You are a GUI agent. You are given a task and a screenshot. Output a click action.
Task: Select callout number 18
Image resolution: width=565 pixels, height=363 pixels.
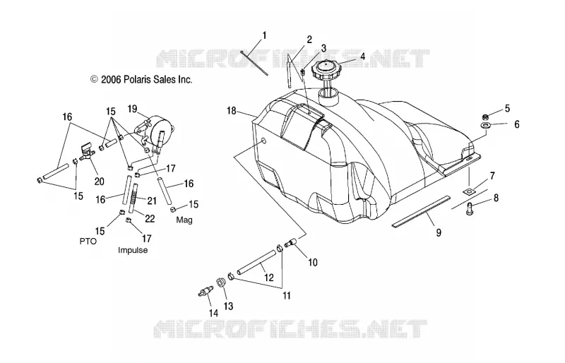pyautogui.click(x=232, y=111)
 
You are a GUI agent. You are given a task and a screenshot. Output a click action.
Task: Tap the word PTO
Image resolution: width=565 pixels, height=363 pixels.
pyautogui.click(x=88, y=241)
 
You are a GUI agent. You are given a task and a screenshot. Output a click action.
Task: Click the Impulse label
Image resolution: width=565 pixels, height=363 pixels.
pyautogui.click(x=133, y=250)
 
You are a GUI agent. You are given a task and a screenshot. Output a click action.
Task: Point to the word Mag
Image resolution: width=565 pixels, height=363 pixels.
pyautogui.click(x=184, y=220)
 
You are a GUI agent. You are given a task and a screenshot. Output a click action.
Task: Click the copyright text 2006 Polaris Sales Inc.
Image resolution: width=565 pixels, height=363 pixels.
pyautogui.click(x=141, y=79)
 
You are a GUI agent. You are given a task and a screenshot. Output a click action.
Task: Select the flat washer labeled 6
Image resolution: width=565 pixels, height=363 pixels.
pyautogui.click(x=486, y=126)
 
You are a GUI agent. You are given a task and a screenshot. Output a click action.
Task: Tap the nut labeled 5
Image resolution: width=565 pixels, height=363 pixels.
pyautogui.click(x=485, y=117)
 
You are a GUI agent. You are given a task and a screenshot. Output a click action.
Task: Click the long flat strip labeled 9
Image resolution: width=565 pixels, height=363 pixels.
pyautogui.click(x=421, y=212)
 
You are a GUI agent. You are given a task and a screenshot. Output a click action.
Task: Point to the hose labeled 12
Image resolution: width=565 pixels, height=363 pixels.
pyautogui.click(x=256, y=263)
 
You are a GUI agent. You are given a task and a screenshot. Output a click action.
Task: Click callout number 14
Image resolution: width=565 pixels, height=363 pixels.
pyautogui.click(x=214, y=313)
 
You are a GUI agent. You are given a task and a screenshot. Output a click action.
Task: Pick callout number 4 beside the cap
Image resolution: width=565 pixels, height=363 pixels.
pyautogui.click(x=362, y=56)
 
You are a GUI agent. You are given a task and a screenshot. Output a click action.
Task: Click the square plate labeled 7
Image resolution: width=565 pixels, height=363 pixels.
pyautogui.click(x=468, y=191)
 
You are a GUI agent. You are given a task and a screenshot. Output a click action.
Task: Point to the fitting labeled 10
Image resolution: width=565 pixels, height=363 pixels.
pyautogui.click(x=290, y=243)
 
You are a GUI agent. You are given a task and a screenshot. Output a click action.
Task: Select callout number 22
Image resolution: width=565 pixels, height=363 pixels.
pyautogui.click(x=150, y=218)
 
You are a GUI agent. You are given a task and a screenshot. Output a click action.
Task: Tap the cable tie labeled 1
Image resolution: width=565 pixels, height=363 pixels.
pyautogui.click(x=254, y=64)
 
